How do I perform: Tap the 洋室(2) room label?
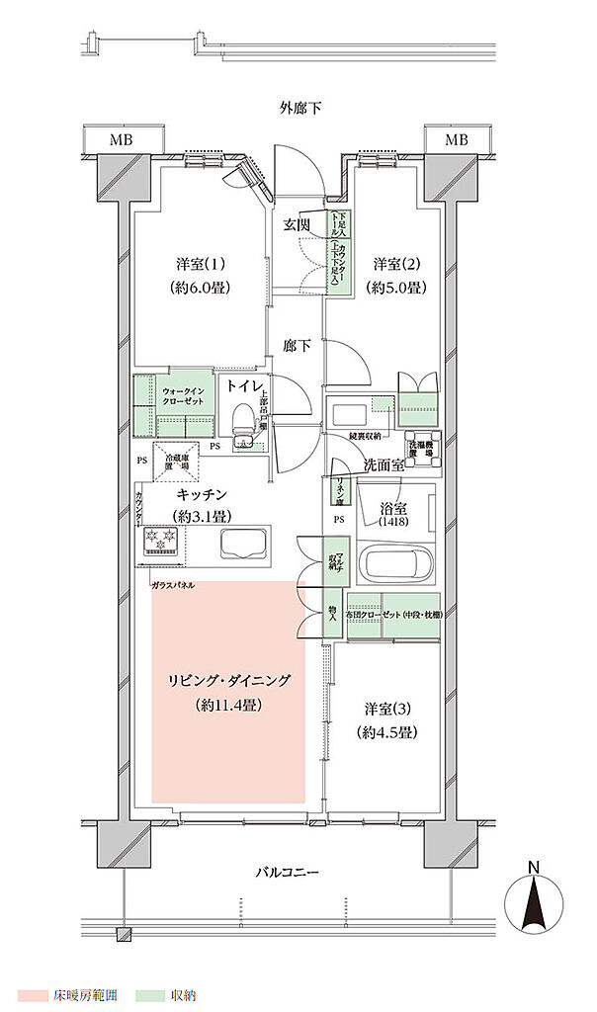tap(398, 265)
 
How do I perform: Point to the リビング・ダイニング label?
tap(229, 681)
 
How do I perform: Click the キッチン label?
tap(203, 493)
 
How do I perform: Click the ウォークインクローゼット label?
tap(184, 397)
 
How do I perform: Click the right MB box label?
tap(456, 139)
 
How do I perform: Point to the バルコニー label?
tap(287, 872)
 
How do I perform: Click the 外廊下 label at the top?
tap(300, 107)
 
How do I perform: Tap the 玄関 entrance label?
tap(298, 225)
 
